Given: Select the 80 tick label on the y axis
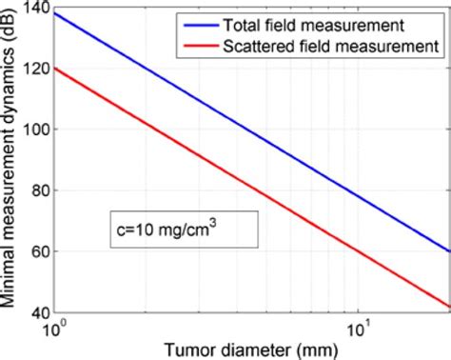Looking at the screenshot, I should (x=36, y=190).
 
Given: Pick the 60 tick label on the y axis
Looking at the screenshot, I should (x=36, y=251).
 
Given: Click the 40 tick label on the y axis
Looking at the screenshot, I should (x=36, y=311).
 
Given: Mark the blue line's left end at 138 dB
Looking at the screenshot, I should (x=54, y=14).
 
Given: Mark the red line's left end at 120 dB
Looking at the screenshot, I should (x=54, y=69).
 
